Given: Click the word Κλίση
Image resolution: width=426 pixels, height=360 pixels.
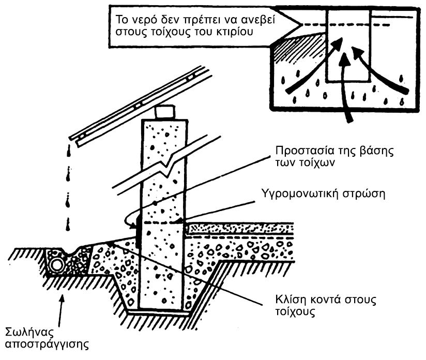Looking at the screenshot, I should point(291,300).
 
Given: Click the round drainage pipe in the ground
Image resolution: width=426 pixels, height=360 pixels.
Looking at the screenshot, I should point(56,265).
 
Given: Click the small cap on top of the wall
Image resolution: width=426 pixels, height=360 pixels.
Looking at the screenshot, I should point(165,112).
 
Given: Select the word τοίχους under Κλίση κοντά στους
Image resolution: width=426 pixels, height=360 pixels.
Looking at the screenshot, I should point(295,312).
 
